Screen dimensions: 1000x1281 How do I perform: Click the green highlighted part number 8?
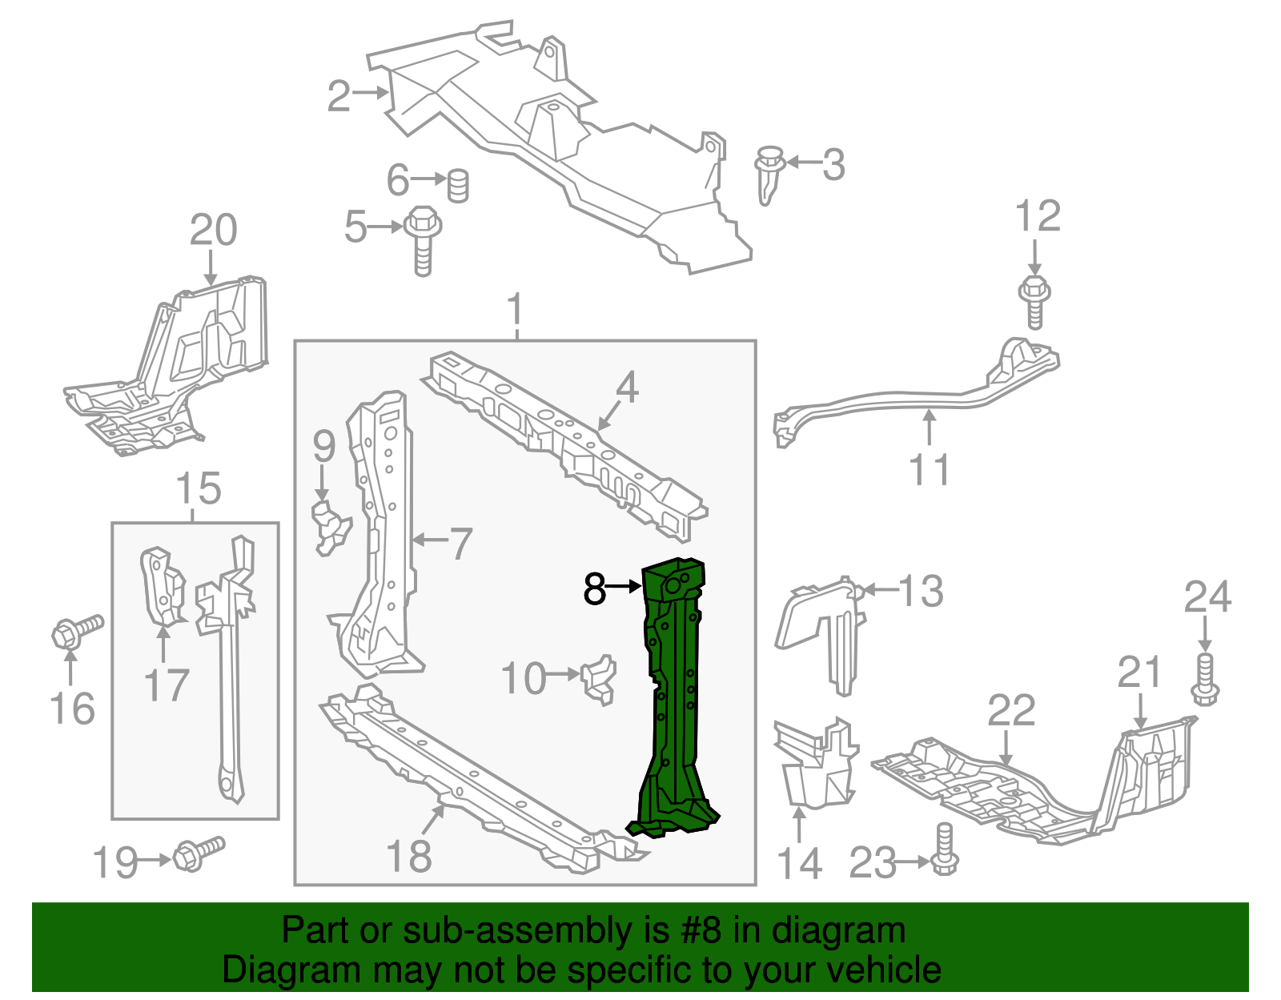coord(674,697)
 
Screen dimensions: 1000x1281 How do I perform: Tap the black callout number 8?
coord(594,589)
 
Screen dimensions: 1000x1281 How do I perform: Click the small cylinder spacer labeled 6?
coord(457,186)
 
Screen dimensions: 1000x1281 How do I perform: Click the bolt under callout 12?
coord(1034,301)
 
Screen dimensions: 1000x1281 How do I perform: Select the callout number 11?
coord(929,470)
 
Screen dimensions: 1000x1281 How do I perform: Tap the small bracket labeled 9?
coord(330,526)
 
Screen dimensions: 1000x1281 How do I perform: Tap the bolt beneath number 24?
coord(1205,679)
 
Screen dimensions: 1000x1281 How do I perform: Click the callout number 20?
coord(213,231)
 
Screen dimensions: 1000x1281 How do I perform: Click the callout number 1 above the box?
coord(516,309)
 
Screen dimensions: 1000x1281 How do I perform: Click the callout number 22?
coord(1010,710)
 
